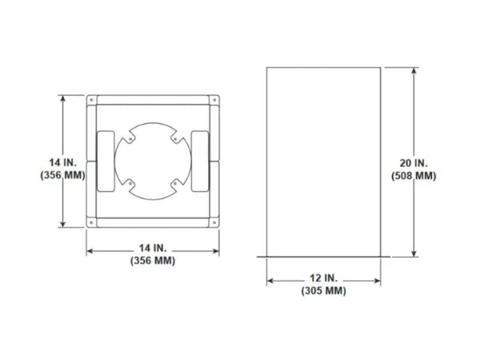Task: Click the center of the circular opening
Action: [x=151, y=161]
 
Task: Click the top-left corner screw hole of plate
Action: [x=93, y=101]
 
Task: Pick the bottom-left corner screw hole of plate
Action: [x=93, y=222]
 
